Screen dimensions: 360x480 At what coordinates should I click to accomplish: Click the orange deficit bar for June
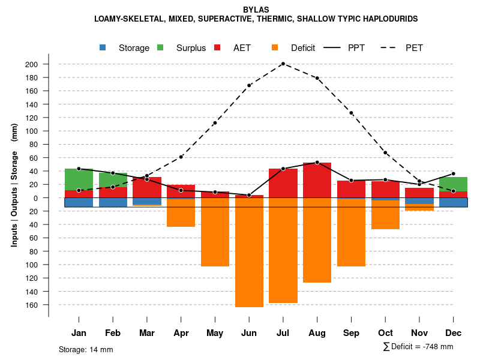[x=249, y=252]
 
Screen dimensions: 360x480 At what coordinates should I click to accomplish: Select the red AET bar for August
[x=317, y=180]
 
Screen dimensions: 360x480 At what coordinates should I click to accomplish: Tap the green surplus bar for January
[x=79, y=179]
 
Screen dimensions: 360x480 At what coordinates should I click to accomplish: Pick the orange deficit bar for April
[x=181, y=213]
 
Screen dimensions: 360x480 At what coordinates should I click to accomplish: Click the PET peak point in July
[x=283, y=64]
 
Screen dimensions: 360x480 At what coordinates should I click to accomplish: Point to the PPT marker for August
[x=317, y=163]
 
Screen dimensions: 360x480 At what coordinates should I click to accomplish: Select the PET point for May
[x=215, y=123]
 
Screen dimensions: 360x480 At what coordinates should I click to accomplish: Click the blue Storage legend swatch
[x=103, y=47]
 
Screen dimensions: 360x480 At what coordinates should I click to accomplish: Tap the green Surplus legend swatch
[x=160, y=47]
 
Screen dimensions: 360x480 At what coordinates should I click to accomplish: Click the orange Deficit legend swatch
[x=275, y=47]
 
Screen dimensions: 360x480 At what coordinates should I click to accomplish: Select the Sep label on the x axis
[x=351, y=333]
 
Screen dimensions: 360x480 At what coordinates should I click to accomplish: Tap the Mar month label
[x=147, y=333]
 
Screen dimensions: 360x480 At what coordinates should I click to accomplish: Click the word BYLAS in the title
[x=256, y=10]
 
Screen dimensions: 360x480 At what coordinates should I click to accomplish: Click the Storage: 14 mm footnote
[x=86, y=349]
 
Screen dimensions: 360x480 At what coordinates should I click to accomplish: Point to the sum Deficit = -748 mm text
[x=418, y=347]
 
